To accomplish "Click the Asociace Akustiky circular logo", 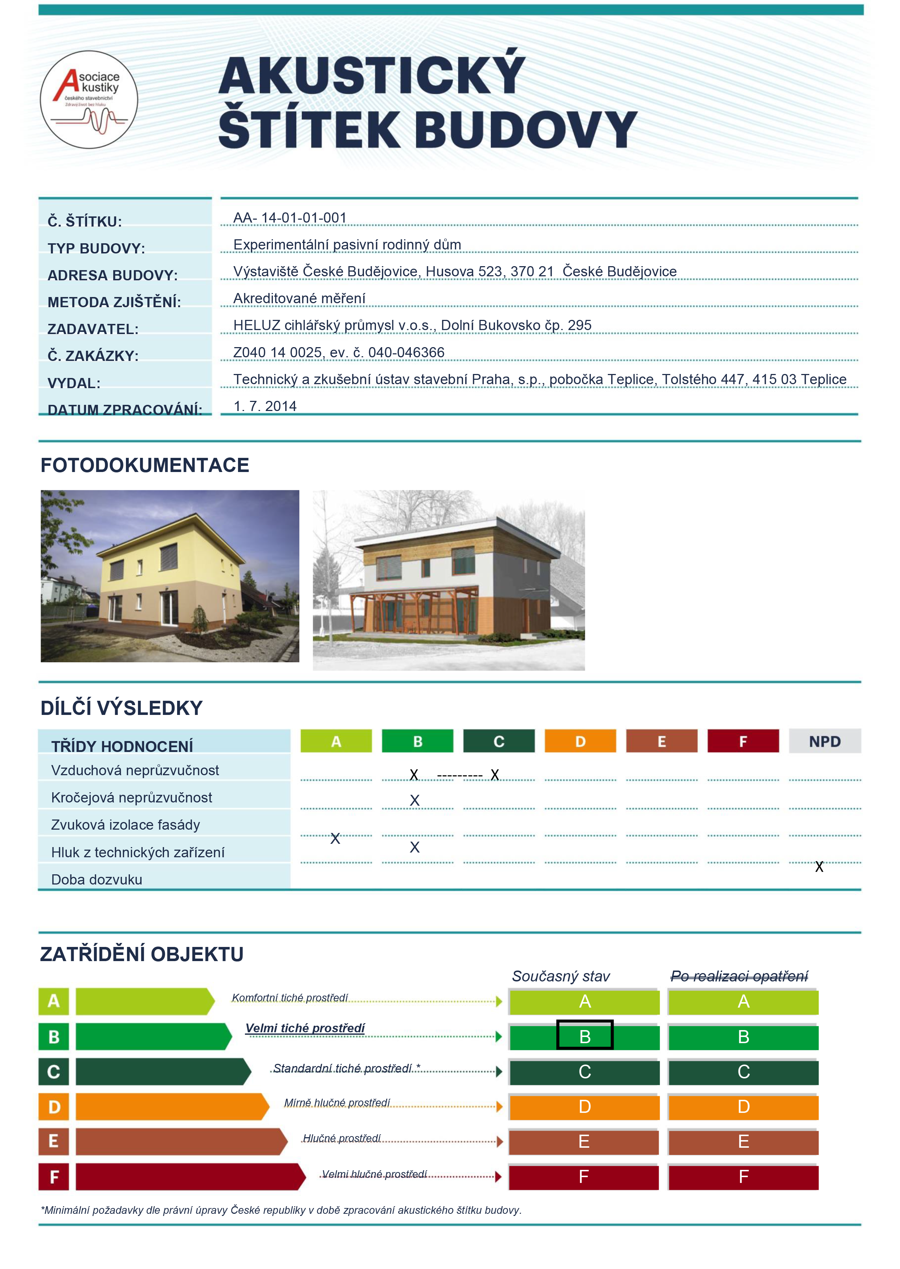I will tap(89, 100).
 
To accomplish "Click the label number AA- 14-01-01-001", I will tap(290, 218).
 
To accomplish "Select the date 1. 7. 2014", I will tap(265, 406).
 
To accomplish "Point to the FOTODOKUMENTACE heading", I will tap(145, 465).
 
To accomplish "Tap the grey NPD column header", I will tap(825, 741).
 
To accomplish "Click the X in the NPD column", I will tap(819, 866).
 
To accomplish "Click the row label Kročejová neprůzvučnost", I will tap(131, 798).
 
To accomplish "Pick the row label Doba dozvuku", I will tap(97, 880).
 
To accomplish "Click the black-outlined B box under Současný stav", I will tap(585, 1035).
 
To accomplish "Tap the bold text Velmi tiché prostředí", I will tap(305, 1028).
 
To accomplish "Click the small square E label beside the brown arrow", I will tap(53, 1142).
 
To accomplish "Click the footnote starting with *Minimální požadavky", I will tap(281, 1210).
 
